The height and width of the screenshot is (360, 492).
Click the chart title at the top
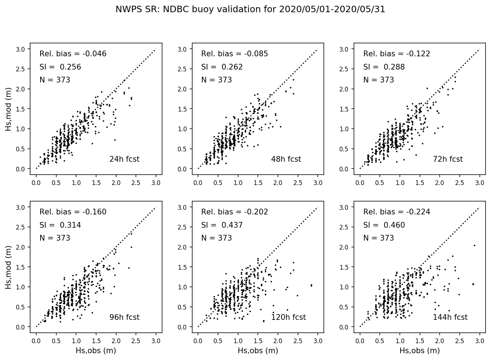[x=250, y=10]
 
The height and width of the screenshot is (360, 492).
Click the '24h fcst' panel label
[x=124, y=159]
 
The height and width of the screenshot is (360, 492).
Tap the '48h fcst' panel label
[x=286, y=159]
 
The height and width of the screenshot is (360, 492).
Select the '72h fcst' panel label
[x=448, y=159]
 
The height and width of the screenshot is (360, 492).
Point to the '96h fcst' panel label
[x=124, y=317]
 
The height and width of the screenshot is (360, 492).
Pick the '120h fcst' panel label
[x=288, y=317]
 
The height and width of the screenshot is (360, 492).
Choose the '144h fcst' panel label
[x=450, y=317]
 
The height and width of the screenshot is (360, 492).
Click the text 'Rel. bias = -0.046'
[x=73, y=54]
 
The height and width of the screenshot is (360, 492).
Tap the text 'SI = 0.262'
[x=222, y=67]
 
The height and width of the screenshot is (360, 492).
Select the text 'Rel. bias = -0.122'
[x=397, y=54]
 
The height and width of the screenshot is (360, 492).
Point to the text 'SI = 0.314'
[x=60, y=225]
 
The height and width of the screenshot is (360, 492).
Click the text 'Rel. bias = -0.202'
[x=235, y=212]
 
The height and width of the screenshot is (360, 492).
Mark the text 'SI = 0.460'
[x=384, y=225]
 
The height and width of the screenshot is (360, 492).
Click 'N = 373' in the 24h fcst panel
[x=55, y=80]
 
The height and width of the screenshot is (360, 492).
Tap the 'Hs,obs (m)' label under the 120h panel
[x=258, y=351]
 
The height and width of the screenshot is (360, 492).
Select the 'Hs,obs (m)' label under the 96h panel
[x=96, y=351]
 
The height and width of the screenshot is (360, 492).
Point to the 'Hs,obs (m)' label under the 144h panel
[x=420, y=351]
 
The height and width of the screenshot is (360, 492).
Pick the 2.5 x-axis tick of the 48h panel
[x=298, y=183]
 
